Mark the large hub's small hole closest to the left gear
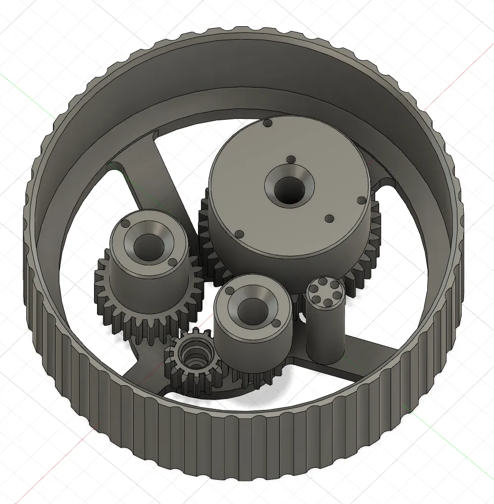(x=239, y=234)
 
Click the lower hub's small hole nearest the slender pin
(x=276, y=325)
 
